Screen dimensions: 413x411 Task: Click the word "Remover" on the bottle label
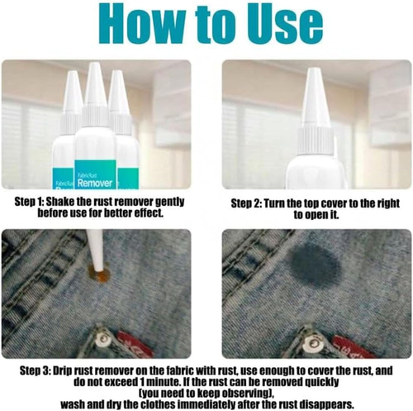pos(95,183)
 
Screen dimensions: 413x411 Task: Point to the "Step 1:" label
pos(29,202)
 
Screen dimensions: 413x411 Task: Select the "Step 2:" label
pos(246,203)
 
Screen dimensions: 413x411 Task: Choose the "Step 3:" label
pos(35,370)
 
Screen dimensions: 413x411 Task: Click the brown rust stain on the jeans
pos(100,275)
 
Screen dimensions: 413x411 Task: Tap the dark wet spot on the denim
pos(316,265)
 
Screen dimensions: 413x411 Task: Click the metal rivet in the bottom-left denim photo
pos(104,339)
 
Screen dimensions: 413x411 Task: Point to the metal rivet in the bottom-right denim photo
pos(312,342)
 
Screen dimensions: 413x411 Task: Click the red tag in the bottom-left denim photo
pos(135,345)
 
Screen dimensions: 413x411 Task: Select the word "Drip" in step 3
pos(63,371)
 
